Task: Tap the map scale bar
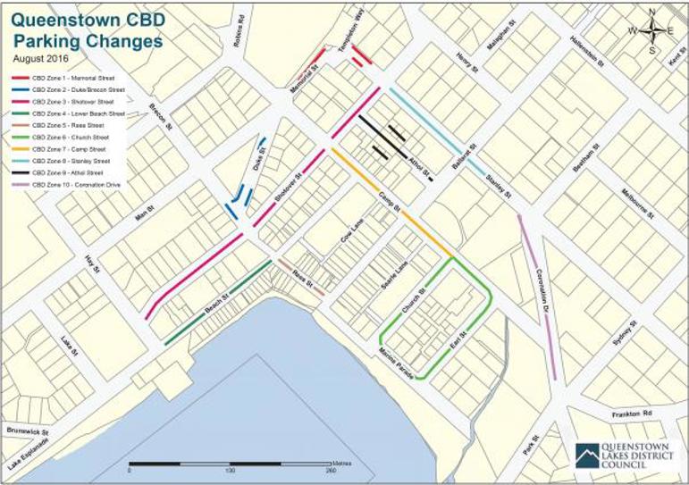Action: point(231,465)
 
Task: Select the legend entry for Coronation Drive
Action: point(75,185)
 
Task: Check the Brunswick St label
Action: point(27,431)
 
